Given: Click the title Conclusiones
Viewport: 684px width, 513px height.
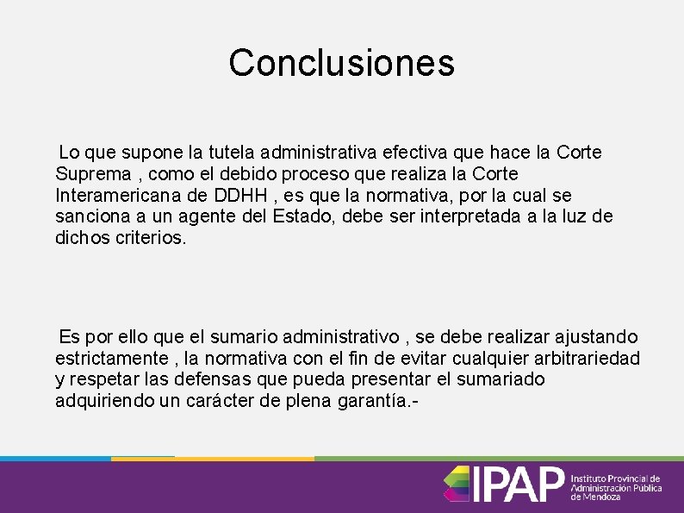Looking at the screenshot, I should (341, 63).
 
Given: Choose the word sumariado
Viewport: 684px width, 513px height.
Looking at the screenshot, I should (502, 379).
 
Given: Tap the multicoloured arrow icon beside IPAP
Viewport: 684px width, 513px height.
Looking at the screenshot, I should (456, 485).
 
